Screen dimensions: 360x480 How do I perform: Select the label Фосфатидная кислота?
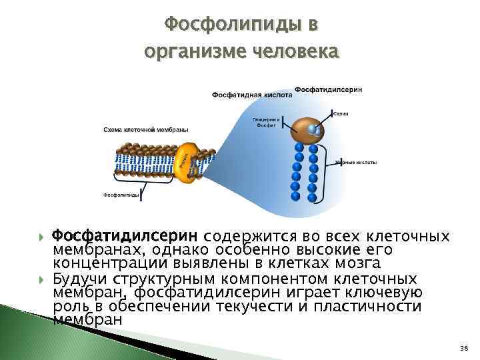coord(252,95)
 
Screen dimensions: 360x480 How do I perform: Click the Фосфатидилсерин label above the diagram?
coord(328,89)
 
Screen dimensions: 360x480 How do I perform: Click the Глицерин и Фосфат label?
coord(263,122)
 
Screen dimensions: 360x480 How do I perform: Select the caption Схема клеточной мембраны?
coord(145,129)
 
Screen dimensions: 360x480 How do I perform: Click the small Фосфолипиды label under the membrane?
coord(121,195)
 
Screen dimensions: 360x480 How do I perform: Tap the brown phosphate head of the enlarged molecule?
coord(309,129)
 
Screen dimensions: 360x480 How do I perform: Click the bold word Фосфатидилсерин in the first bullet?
coord(125,237)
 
